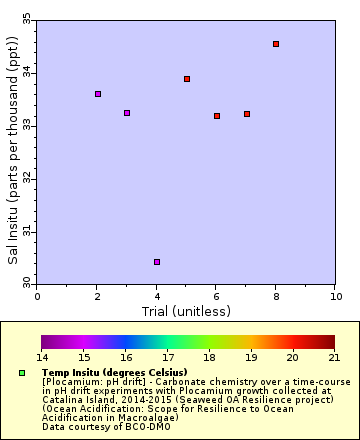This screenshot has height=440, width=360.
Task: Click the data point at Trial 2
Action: pos(98,94)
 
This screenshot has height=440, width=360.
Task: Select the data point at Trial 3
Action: pos(127,113)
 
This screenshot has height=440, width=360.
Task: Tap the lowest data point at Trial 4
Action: pos(157,262)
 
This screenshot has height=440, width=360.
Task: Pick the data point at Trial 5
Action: pos(187,79)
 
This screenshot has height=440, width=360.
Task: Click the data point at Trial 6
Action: pos(217,116)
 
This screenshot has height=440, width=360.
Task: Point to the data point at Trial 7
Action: pos(247,114)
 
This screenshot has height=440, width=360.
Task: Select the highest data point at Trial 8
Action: pos(276,44)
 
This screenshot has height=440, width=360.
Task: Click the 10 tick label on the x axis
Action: pos(335,296)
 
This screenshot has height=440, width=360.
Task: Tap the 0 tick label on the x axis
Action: pos(38,296)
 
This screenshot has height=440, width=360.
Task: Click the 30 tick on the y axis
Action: pos(27,285)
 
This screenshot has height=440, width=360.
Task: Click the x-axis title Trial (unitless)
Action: pos(187,310)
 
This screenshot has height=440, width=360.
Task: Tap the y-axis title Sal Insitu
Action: pos(13,150)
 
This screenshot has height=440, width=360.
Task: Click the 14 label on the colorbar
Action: pos(42,357)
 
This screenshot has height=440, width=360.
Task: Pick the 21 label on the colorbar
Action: pos(335,357)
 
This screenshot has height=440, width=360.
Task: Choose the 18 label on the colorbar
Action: pos(209,357)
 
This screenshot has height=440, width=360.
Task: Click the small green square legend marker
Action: pos(22,373)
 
